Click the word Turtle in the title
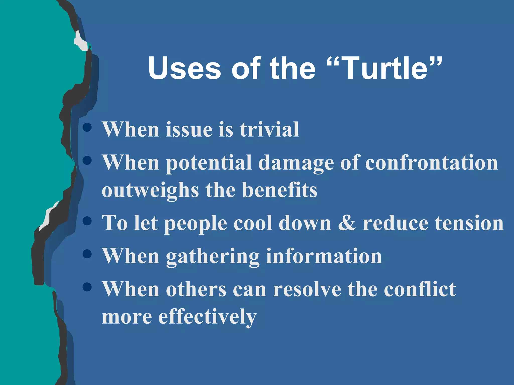tap(385, 68)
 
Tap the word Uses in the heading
tap(185, 68)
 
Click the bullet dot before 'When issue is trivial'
tap(87, 127)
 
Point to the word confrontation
tap(431, 163)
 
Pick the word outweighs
tap(150, 190)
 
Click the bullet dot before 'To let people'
tap(87, 221)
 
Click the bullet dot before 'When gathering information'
tap(87, 254)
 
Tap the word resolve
tap(307, 290)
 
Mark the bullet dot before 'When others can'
tap(87, 287)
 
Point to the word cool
tap(253, 223)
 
